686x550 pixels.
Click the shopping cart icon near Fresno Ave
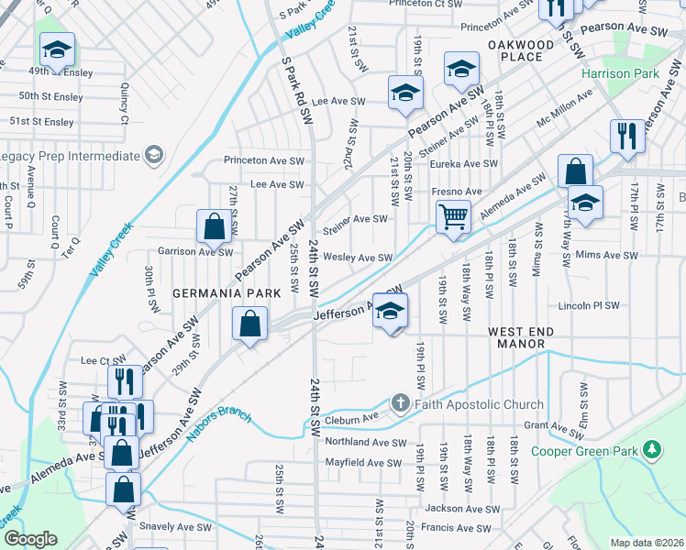(453, 218)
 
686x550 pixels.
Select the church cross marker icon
(400, 403)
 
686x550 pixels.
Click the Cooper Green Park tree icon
(651, 449)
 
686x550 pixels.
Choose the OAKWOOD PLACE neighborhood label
(521, 50)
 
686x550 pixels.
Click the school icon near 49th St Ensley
(57, 50)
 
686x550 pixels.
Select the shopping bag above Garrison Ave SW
(214, 226)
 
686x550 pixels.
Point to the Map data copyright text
(647, 543)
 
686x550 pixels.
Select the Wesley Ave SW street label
(358, 258)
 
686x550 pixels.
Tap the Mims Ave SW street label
(611, 255)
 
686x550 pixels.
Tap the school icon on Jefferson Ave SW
(390, 312)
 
